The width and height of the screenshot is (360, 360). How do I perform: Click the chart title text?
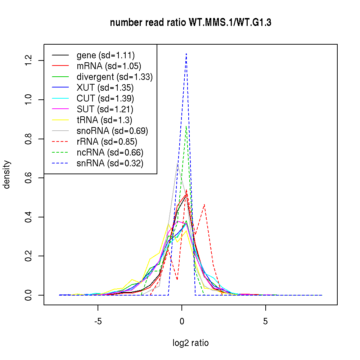click(x=190, y=23)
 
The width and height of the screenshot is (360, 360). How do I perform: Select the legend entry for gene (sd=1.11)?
click(x=105, y=55)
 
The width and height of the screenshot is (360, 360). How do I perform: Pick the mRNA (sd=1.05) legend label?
click(x=109, y=66)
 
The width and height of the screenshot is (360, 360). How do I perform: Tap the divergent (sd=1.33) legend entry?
click(x=114, y=77)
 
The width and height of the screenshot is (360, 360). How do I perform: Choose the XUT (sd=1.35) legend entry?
click(x=105, y=88)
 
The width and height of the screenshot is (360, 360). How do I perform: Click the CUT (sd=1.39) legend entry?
click(x=105, y=99)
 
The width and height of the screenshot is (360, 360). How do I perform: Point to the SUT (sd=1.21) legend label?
click(x=105, y=109)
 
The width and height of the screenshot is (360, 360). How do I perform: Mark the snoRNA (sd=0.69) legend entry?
click(x=112, y=131)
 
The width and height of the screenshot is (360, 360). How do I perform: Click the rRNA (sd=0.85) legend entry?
click(x=107, y=142)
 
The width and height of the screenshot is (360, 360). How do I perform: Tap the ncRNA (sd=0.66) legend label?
click(x=110, y=153)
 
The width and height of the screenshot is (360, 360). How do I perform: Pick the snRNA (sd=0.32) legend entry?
click(x=110, y=163)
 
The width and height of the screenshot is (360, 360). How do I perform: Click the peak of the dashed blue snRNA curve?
click(x=186, y=54)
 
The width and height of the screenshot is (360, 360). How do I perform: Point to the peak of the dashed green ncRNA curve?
click(x=186, y=126)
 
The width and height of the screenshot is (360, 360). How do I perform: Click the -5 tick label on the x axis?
click(x=98, y=321)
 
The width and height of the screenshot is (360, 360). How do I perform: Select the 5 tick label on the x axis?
click(x=265, y=321)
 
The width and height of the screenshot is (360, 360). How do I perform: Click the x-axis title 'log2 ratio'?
click(x=190, y=343)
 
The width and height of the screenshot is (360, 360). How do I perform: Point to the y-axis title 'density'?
click(x=7, y=175)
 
